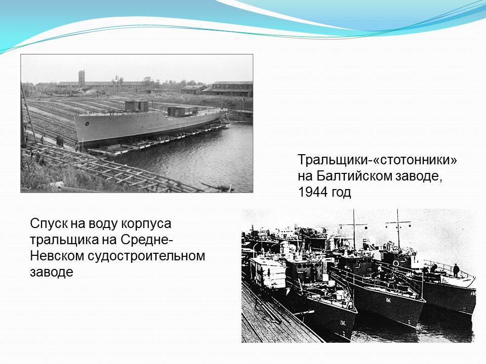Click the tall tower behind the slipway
click(x=82, y=78)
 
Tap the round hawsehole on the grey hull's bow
click(x=87, y=124)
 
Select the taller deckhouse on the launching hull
click(x=136, y=106)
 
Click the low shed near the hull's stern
click(x=183, y=111)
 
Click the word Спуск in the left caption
click(x=49, y=224)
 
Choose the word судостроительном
click(x=146, y=256)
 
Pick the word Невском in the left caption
click(x=57, y=256)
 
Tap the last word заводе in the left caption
click(x=52, y=272)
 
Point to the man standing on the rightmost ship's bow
click(x=456, y=270)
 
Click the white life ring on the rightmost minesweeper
click(x=396, y=263)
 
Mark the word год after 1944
click(x=341, y=193)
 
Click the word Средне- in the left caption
click(x=146, y=240)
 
